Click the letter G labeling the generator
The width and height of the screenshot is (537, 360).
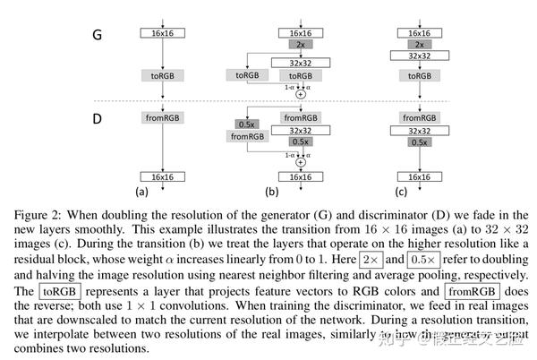pos(100,37)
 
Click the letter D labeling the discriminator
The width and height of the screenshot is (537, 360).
pos(100,117)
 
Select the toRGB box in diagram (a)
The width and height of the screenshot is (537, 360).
pos(161,77)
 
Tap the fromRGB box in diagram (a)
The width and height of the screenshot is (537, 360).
pos(161,117)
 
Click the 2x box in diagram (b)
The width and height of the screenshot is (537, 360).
pos(300,44)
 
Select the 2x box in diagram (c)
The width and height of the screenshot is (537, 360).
pos(414,44)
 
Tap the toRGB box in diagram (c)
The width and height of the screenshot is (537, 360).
pos(414,77)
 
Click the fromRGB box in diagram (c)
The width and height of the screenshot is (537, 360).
pos(414,117)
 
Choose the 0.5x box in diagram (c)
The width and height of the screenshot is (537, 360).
pos(414,142)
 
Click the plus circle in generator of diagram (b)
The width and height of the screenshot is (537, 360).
pos(301,93)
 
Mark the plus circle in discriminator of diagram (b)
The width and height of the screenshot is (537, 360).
pos(301,163)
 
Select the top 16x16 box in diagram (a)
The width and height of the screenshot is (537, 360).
pos(161,32)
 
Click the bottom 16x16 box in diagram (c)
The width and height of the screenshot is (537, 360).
pos(414,176)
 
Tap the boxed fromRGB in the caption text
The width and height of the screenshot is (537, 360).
pos(470,292)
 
